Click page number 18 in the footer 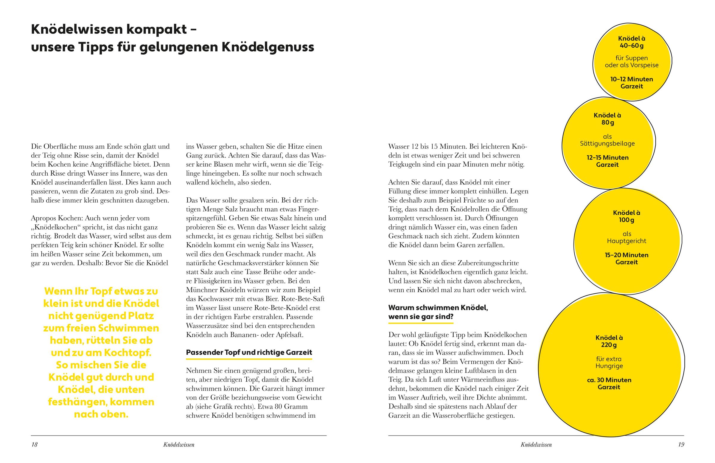[35, 445]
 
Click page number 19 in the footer [681, 445]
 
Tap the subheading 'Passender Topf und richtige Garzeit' [249, 352]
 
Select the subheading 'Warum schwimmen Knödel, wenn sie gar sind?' [438, 312]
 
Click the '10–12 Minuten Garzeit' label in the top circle [632, 83]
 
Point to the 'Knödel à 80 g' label [607, 119]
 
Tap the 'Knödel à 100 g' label [627, 216]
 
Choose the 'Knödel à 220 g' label [609, 341]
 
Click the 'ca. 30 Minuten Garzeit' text [609, 383]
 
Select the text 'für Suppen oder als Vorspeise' [632, 61]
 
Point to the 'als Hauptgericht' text [627, 237]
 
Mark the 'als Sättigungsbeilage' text [607, 140]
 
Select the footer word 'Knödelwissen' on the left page [179, 445]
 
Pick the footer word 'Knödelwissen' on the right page [536, 445]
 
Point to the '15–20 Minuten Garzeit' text [627, 258]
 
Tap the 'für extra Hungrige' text [609, 362]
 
